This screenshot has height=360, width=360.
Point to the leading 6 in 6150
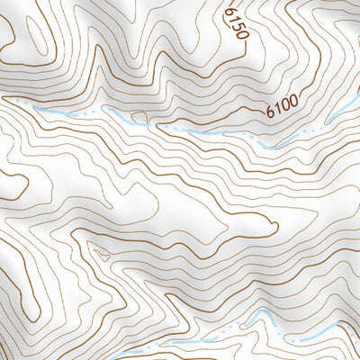tap(229, 13)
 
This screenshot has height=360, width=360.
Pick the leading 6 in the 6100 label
tap(270, 113)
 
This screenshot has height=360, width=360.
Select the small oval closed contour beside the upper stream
tap(139, 116)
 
